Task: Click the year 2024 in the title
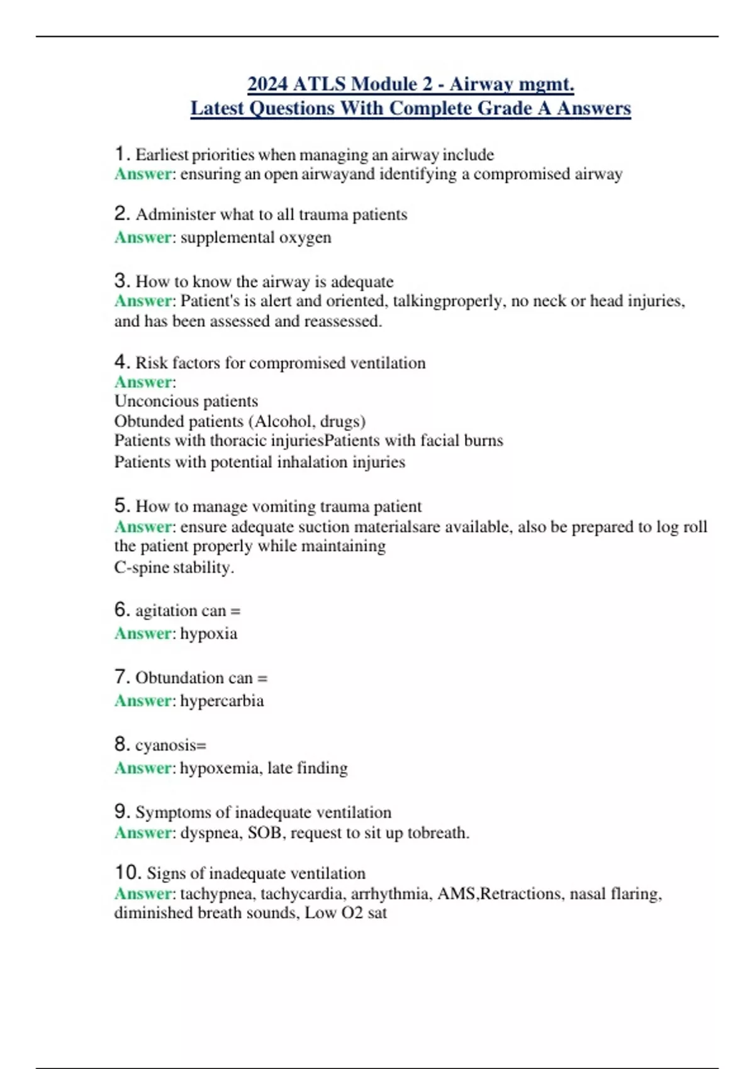[x=267, y=84]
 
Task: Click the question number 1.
[x=121, y=153]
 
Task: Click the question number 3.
[x=121, y=280]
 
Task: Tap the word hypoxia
[x=209, y=633]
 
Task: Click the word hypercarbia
[x=221, y=701]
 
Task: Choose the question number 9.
[x=121, y=811]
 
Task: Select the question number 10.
[x=126, y=872]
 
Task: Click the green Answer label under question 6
[x=143, y=633]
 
